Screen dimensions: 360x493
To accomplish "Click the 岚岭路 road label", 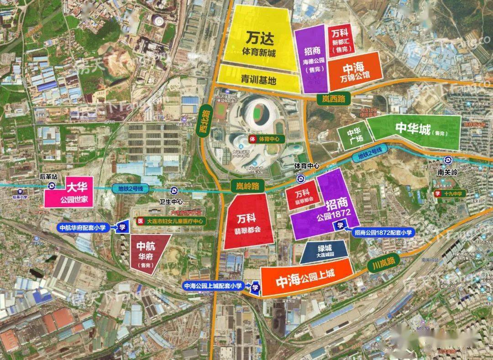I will point(244,186).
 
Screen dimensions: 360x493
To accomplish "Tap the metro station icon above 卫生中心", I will point(173,191).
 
